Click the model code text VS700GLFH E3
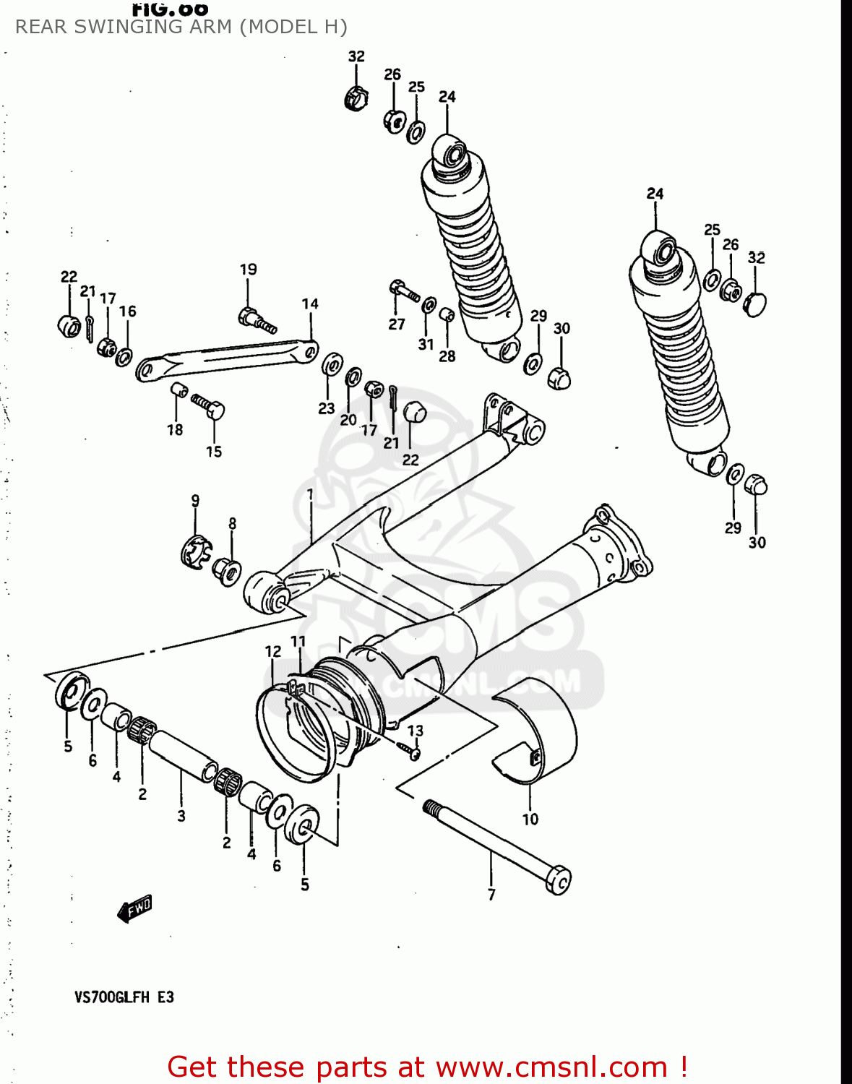124,997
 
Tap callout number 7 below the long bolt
491,895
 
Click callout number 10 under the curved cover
530,819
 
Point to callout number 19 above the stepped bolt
248,269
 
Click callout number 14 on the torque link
310,304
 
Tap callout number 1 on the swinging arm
309,494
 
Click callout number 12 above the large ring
272,651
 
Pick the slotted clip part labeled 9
193,553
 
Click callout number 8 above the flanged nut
232,523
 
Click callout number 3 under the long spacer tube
181,816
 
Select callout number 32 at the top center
356,56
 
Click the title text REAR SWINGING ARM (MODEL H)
181,27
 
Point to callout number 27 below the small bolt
397,324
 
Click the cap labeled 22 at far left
69,325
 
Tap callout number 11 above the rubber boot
298,641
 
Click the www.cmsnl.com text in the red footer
551,1067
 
